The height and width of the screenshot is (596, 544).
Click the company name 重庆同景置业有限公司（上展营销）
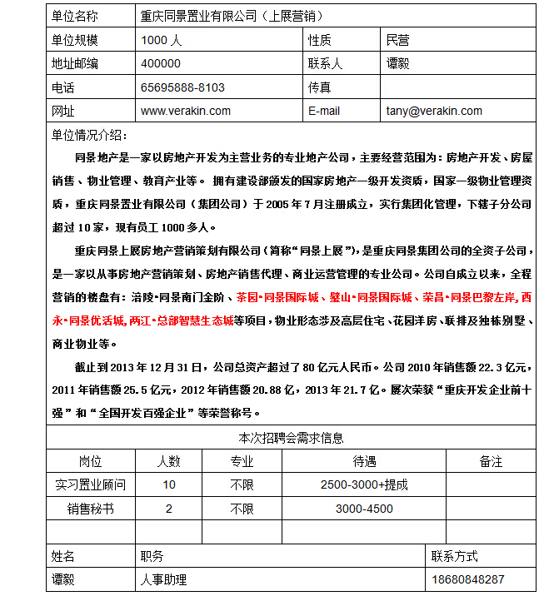(232, 16)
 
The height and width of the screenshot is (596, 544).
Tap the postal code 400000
(161, 62)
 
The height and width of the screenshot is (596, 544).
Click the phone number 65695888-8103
(183, 87)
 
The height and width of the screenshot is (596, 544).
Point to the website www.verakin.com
(186, 111)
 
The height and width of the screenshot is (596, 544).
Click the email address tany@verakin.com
(434, 111)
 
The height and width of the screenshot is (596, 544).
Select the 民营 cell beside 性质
(398, 39)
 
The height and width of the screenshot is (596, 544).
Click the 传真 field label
(320, 87)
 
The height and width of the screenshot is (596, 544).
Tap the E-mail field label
(324, 111)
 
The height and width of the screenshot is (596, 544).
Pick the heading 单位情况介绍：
(89, 135)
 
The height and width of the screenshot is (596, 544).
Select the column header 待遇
(364, 461)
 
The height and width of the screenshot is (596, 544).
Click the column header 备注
(491, 461)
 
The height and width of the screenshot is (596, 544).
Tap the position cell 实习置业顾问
(91, 484)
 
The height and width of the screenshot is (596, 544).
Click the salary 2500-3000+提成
(364, 484)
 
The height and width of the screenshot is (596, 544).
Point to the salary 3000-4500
(364, 509)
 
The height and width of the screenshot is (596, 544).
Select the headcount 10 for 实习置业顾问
(169, 484)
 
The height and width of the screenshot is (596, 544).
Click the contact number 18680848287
(468, 579)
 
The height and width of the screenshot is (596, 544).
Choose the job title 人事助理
(164, 579)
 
